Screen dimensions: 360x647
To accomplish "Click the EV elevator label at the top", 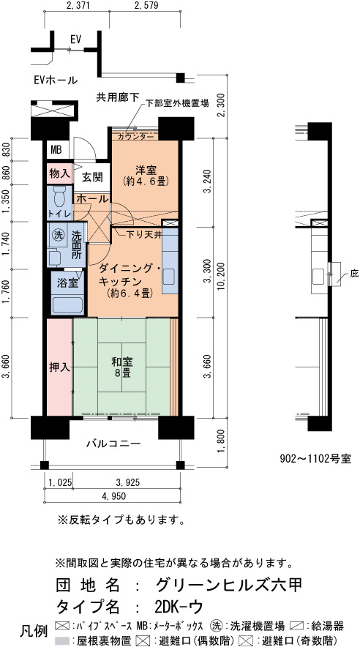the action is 75,40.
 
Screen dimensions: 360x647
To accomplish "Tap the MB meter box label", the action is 56,150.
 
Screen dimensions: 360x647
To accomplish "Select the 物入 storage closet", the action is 59,173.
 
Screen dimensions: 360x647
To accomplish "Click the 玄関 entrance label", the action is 92,177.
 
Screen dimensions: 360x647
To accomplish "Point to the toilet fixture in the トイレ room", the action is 59,196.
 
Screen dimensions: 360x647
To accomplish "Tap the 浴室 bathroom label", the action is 68,284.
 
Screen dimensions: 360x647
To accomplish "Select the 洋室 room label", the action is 146,170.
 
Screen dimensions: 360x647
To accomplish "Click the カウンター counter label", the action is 135,136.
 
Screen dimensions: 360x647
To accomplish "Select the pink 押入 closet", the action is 59,367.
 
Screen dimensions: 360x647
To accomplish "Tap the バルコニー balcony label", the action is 114,444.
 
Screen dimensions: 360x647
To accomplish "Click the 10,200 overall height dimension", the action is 222,277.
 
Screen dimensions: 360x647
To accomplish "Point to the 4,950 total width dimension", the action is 113,496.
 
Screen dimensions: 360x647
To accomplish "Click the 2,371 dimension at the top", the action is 76,5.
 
